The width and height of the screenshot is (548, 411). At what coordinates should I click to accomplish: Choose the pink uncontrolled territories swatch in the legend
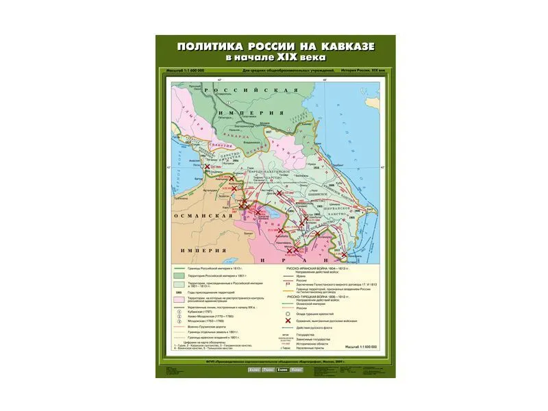coord(179,300)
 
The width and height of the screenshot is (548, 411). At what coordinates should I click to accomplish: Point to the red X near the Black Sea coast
coord(208,166)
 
